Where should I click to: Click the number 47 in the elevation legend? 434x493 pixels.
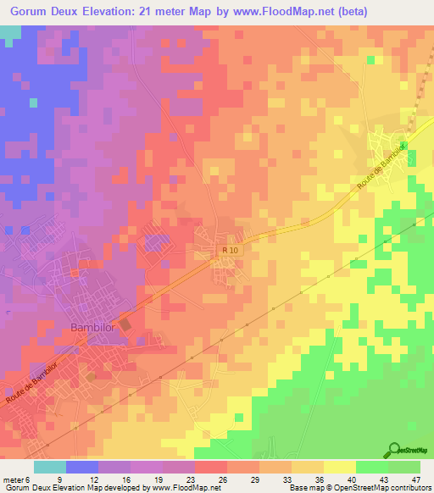coord(415,480)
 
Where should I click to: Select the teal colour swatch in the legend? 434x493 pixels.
coord(50,467)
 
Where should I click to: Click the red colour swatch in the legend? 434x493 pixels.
coord(211,467)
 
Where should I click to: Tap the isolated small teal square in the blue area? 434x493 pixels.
coord(33,102)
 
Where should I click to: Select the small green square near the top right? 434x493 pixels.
coord(370,58)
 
